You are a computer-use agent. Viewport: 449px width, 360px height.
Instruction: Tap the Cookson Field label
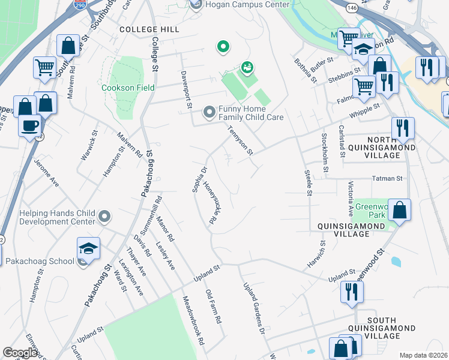[128, 88]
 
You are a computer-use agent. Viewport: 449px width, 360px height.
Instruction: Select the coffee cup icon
[29, 126]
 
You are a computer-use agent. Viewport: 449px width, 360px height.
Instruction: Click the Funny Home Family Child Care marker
[209, 112]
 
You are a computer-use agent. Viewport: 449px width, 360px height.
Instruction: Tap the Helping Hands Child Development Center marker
[104, 216]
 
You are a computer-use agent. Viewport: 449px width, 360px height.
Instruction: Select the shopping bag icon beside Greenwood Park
[399, 210]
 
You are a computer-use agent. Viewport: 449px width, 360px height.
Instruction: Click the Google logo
[20, 353]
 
